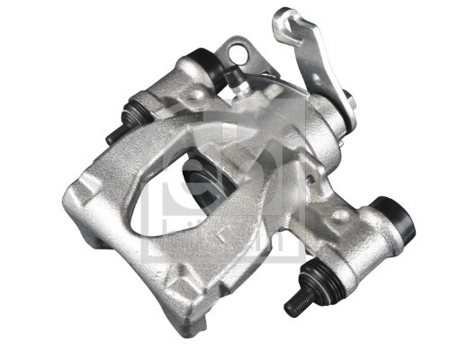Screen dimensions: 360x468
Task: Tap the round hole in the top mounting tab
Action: [238, 56]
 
